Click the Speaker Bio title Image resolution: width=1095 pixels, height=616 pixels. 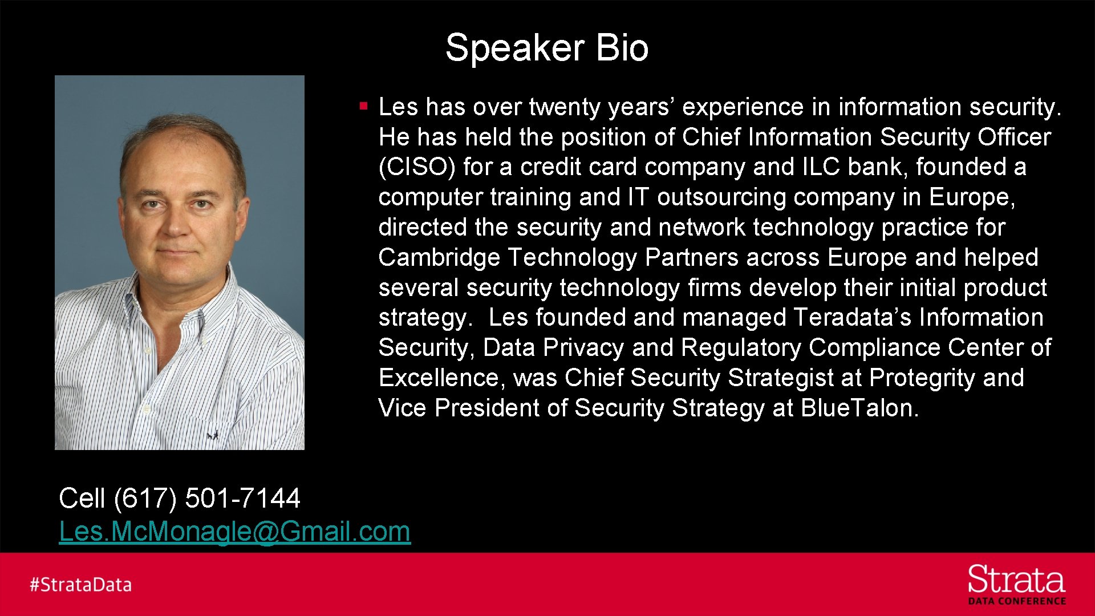(546, 47)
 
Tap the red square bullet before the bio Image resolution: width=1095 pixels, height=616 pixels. (363, 106)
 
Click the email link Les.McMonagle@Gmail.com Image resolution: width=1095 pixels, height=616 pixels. (234, 532)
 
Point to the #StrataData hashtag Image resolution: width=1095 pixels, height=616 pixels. (81, 585)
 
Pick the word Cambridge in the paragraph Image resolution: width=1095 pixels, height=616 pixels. (439, 257)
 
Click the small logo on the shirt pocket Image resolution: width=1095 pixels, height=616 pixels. (213, 435)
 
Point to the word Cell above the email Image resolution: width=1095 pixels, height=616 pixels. (82, 498)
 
